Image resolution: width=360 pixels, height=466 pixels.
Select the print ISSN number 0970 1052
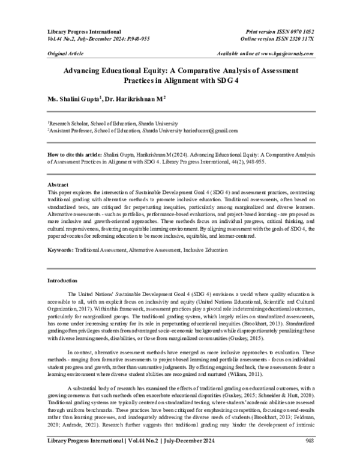point(300,31)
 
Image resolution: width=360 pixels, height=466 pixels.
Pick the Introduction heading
point(63,280)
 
